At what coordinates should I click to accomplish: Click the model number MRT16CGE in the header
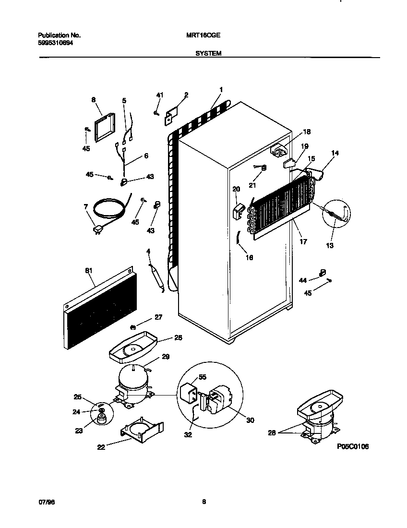(200, 36)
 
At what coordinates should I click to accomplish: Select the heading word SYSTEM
(208, 54)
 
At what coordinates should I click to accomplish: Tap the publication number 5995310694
(56, 42)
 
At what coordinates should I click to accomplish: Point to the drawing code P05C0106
(353, 447)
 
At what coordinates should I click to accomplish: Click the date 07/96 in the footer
(45, 502)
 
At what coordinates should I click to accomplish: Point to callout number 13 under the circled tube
(329, 245)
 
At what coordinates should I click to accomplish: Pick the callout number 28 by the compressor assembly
(272, 433)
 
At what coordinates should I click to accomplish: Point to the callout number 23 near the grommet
(78, 431)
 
